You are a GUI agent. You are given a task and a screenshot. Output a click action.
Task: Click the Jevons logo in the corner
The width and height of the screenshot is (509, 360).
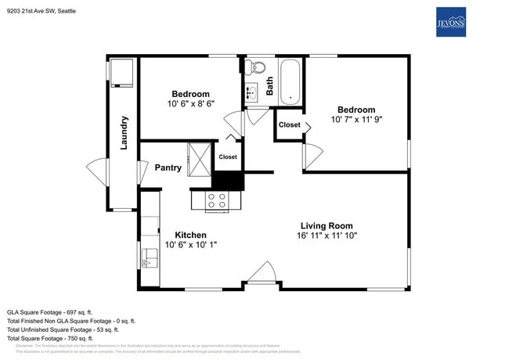(x=450, y=23)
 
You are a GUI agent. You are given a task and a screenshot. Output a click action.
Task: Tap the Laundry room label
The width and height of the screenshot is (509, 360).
(x=124, y=133)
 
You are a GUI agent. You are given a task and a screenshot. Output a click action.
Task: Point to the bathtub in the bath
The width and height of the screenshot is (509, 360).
(x=291, y=81)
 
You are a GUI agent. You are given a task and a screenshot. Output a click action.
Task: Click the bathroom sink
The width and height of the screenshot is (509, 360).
(x=252, y=94)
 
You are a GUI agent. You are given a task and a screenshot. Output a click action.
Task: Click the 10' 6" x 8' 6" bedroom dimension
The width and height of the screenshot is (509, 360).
(x=190, y=103)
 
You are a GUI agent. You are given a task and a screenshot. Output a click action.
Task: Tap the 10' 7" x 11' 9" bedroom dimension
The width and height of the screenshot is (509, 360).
(x=356, y=120)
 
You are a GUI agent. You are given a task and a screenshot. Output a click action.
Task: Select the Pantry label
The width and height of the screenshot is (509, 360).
(x=168, y=167)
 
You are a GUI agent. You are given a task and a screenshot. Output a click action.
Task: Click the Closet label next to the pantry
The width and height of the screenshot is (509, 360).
(x=228, y=157)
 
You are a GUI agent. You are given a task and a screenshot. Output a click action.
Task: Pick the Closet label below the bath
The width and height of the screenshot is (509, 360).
(x=289, y=124)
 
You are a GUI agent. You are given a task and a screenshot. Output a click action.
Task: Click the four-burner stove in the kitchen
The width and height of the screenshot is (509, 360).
(x=216, y=201)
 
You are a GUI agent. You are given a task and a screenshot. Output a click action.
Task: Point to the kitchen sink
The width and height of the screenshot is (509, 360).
(x=146, y=255)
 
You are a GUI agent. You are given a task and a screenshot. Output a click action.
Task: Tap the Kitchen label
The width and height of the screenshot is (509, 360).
(x=190, y=235)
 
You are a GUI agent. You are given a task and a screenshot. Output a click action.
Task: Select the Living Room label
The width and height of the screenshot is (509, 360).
(x=327, y=225)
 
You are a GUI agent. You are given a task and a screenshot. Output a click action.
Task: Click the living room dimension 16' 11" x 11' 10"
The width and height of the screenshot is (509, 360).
(x=327, y=236)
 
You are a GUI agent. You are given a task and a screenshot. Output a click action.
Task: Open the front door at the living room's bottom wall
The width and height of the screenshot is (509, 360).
(x=260, y=275)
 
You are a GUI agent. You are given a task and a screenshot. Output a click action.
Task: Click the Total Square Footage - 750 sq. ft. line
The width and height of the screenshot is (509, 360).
(x=50, y=338)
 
